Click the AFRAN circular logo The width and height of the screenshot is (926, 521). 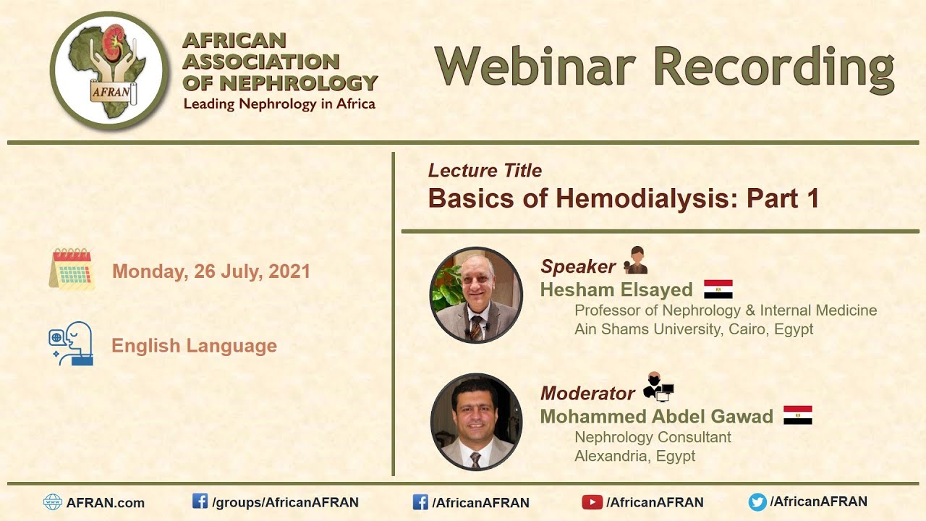pyautogui.click(x=109, y=70)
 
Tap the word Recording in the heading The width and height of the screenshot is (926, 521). pyautogui.click(x=774, y=67)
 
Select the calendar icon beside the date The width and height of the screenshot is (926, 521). pyautogui.click(x=72, y=269)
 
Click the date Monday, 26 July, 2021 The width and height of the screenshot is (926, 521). pyautogui.click(x=211, y=271)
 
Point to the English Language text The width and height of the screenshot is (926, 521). pyautogui.click(x=194, y=346)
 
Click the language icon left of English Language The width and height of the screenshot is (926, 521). pyautogui.click(x=71, y=344)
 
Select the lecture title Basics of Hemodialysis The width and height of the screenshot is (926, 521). pyautogui.click(x=623, y=198)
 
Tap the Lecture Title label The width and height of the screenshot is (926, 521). pyautogui.click(x=485, y=171)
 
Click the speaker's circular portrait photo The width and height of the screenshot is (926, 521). pyautogui.click(x=476, y=295)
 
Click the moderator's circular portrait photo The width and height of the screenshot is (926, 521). pyautogui.click(x=476, y=421)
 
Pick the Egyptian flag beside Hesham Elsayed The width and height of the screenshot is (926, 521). pyautogui.click(x=718, y=289)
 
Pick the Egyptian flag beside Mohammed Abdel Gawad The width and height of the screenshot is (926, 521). pyautogui.click(x=797, y=415)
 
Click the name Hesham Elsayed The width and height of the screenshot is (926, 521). pyautogui.click(x=616, y=290)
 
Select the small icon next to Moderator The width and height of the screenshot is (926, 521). pyautogui.click(x=658, y=387)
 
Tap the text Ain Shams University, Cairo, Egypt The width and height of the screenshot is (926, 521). pyautogui.click(x=694, y=329)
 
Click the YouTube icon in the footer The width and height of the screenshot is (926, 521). pyautogui.click(x=592, y=501)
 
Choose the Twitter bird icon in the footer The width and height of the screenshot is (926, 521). pyautogui.click(x=757, y=501)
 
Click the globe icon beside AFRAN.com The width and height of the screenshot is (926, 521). pyautogui.click(x=53, y=502)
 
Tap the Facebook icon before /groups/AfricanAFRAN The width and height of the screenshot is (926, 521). pyautogui.click(x=200, y=501)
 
